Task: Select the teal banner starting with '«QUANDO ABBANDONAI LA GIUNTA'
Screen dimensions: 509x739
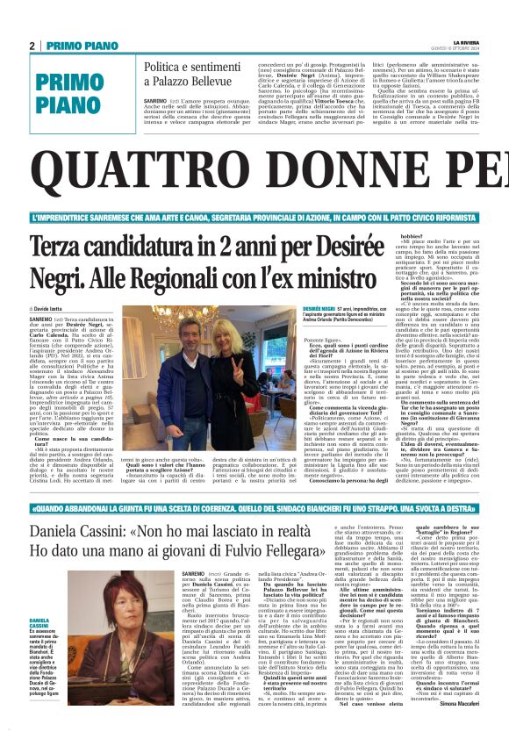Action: click(x=254, y=507)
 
